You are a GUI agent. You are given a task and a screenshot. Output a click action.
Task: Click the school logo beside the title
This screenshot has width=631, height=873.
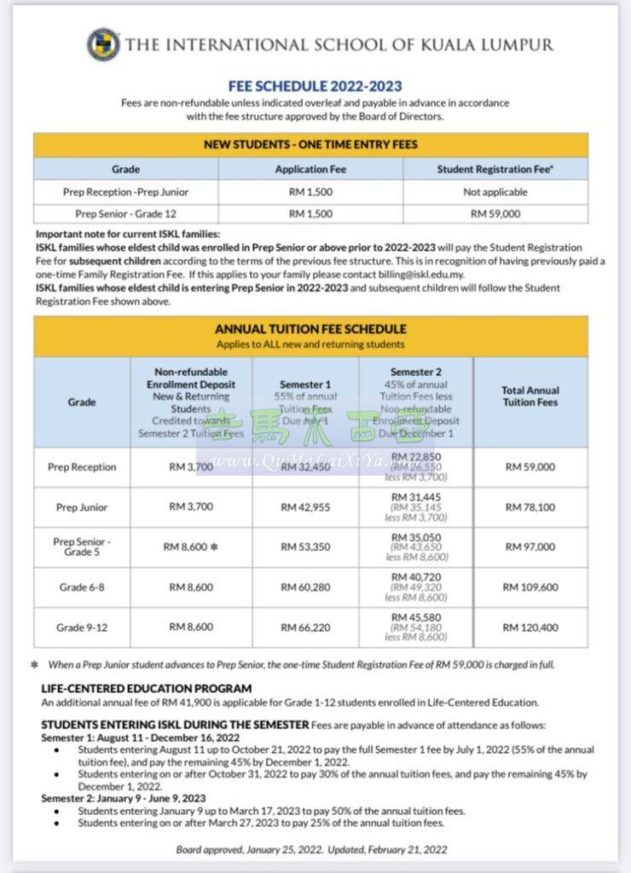(103, 44)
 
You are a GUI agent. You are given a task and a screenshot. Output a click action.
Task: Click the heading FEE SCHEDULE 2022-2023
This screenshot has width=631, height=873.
(315, 86)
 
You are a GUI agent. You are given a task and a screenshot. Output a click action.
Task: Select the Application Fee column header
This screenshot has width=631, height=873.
(310, 169)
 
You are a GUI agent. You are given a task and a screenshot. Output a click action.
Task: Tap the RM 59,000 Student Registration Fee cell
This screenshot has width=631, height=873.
(495, 214)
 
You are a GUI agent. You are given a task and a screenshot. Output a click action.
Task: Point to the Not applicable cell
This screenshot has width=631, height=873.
(495, 192)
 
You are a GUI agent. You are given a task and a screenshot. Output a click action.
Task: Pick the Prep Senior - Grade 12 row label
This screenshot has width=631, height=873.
(125, 214)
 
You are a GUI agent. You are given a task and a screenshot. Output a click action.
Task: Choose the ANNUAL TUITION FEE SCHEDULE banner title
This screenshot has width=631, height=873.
(310, 329)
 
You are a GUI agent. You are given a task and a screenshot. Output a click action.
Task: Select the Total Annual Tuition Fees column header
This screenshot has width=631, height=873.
(530, 396)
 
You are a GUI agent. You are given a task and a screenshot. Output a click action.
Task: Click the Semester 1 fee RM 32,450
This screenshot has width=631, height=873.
(305, 467)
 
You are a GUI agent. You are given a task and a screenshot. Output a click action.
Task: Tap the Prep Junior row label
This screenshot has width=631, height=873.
(82, 507)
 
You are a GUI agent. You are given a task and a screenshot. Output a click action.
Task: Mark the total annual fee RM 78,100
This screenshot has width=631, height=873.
(530, 507)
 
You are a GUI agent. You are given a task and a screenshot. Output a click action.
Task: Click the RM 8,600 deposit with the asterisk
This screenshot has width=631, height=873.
(191, 546)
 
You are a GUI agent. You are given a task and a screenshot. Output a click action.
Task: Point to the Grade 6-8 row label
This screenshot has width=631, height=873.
(82, 587)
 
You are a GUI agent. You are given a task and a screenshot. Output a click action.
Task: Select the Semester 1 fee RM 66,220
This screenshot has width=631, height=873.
(305, 627)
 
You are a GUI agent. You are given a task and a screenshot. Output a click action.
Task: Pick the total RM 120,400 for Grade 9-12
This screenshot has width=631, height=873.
(530, 627)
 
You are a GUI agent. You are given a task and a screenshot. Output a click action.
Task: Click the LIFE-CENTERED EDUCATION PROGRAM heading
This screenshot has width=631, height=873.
(147, 688)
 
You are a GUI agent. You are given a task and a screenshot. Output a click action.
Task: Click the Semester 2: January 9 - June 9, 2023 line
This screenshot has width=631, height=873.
(124, 799)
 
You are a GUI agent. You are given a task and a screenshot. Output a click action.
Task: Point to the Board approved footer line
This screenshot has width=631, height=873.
(311, 849)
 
